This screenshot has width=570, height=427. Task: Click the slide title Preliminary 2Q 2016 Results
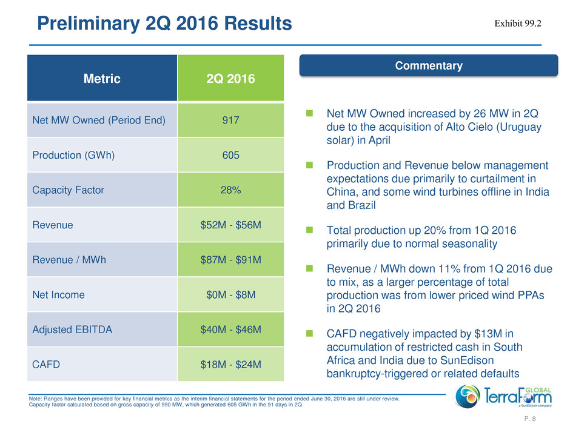point(164,24)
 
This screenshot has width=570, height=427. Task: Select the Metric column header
point(102,79)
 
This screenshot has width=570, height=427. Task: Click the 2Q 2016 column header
point(230,79)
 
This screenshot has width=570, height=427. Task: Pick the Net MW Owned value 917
point(230,120)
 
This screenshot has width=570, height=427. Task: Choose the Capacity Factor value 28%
point(230,190)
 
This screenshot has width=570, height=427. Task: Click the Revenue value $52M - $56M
point(230,225)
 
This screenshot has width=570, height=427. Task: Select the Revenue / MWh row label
point(69,260)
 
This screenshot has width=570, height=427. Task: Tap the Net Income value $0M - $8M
point(230,295)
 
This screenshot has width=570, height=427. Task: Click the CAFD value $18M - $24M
point(230,365)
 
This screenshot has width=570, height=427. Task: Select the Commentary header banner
point(429,65)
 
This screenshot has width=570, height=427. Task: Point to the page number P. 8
point(549,417)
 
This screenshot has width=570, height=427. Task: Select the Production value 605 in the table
point(230,155)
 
